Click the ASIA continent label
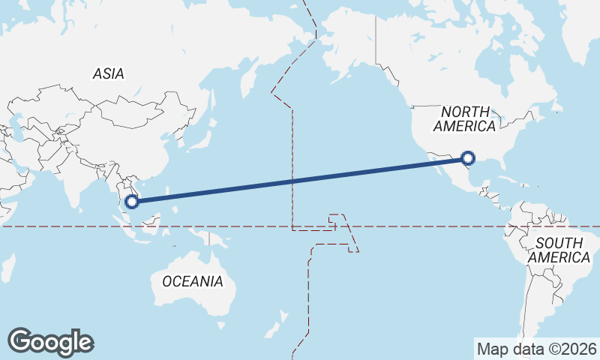[x=109, y=73]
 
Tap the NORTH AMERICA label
[x=465, y=118]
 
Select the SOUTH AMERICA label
[x=559, y=250]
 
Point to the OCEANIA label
[x=193, y=281]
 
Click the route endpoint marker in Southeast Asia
[x=133, y=200]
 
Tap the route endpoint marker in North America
[x=468, y=157]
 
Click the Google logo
[x=50, y=342]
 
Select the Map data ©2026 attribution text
[x=537, y=349]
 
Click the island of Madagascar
[x=7, y=267]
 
